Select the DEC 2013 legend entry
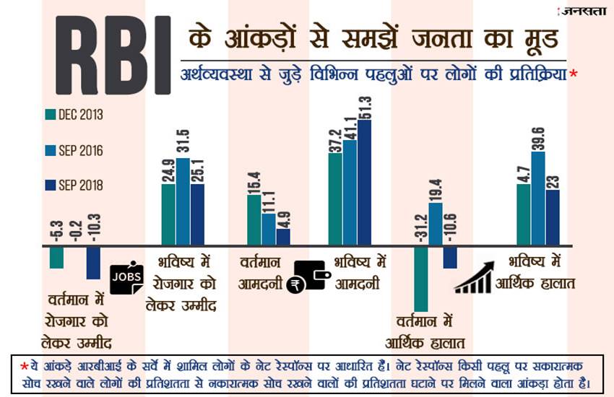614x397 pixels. (74, 115)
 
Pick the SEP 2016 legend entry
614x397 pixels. (74, 150)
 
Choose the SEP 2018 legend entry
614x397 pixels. (74, 186)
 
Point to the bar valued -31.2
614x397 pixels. (420, 279)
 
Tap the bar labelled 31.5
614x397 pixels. (182, 202)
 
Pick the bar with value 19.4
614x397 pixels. (435, 224)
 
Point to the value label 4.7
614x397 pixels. (524, 170)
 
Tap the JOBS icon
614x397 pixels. (127, 275)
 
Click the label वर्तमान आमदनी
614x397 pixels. (260, 273)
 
